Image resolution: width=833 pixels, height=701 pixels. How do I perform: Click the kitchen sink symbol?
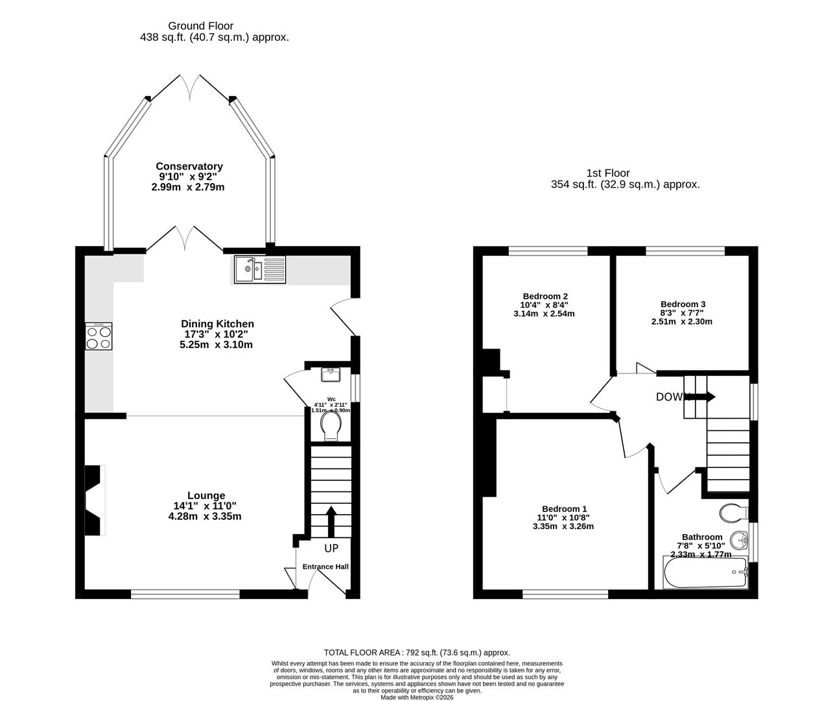(x=259, y=269)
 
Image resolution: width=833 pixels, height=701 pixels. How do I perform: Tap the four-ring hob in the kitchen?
(x=99, y=336)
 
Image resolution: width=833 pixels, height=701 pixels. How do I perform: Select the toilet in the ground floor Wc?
(x=331, y=426)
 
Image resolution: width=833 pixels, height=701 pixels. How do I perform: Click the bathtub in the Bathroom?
(x=705, y=572)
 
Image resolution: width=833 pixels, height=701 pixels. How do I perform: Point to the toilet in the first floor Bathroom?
(x=734, y=513)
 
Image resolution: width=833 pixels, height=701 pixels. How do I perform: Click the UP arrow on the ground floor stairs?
(x=331, y=521)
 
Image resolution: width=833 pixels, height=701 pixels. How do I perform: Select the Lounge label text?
(x=206, y=495)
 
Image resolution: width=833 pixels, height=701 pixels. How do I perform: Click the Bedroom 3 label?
(x=683, y=304)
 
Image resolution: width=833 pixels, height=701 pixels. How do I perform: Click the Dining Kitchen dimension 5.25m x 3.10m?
(x=216, y=345)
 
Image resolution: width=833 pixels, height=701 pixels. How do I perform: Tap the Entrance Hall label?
(x=325, y=567)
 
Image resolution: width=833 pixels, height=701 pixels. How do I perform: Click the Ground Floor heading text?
(x=200, y=26)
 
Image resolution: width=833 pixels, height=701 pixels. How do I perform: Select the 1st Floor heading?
(x=607, y=173)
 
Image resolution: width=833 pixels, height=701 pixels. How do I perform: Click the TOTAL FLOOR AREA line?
(x=416, y=652)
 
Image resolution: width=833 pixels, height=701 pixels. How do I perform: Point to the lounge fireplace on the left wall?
(x=95, y=500)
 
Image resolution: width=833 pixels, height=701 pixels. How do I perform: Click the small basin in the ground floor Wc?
(x=331, y=375)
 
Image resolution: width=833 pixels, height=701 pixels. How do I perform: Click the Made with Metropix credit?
(x=417, y=698)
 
